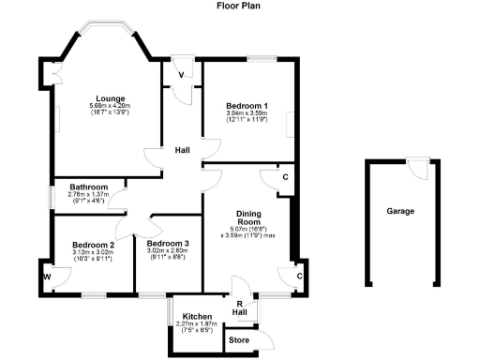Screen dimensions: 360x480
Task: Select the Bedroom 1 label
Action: (x=247, y=105)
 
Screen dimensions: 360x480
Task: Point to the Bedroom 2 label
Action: (x=93, y=245)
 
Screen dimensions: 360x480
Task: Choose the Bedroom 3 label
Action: (x=169, y=244)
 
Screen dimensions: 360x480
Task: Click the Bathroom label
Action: (x=90, y=187)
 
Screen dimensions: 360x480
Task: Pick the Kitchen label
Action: (x=197, y=317)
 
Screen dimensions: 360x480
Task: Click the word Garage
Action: (x=400, y=211)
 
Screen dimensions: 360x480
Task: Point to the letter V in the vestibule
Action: (x=180, y=74)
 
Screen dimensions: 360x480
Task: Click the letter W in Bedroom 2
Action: (x=45, y=277)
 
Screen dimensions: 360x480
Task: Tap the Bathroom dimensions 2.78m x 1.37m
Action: (x=90, y=196)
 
